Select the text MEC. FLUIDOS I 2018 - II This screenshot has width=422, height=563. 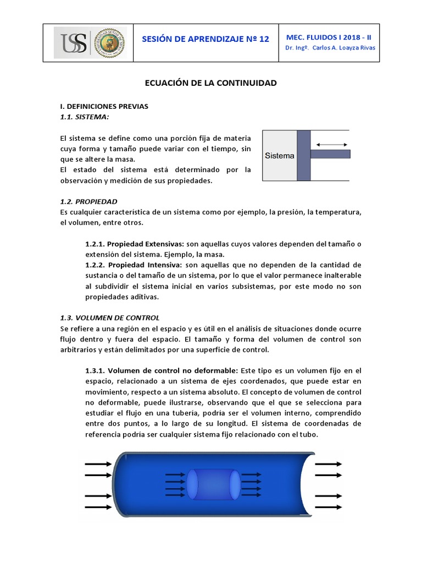coord(329,37)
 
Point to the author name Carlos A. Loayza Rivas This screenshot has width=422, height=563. coord(344,48)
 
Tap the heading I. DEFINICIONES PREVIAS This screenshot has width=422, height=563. coord(104,106)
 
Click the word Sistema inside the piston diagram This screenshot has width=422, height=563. coord(280,156)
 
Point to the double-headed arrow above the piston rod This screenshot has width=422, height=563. coord(331,145)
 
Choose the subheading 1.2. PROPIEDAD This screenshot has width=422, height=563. coord(88,201)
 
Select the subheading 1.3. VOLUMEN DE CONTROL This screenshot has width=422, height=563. coord(109,317)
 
